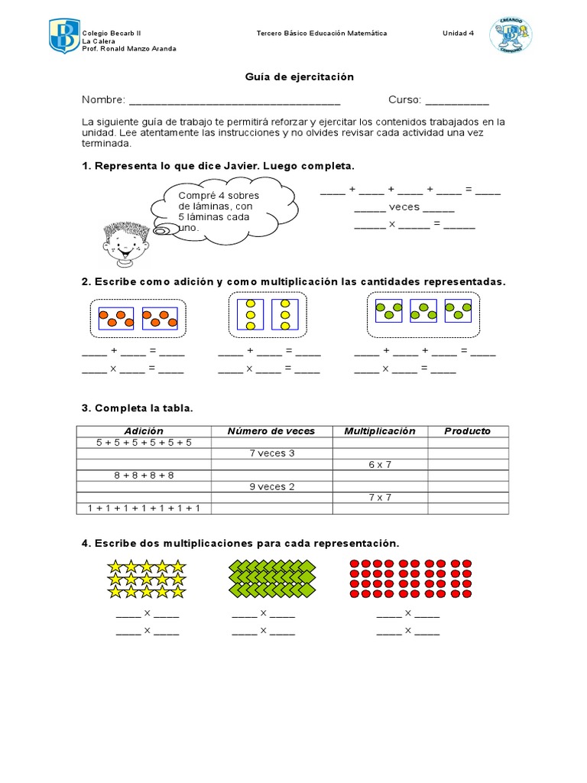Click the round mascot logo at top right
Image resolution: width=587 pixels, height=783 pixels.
click(x=511, y=35)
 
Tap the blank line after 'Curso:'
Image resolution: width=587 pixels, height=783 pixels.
click(x=456, y=100)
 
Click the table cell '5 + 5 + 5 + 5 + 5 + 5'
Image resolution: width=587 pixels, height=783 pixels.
click(x=144, y=442)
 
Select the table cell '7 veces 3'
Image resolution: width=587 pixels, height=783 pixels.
click(x=271, y=453)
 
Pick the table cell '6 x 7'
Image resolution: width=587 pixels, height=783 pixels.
click(x=379, y=464)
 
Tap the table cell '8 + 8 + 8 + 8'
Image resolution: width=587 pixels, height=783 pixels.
click(x=144, y=475)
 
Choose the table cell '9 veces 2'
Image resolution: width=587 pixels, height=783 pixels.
click(x=271, y=486)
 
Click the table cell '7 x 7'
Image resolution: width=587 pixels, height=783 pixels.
click(x=379, y=497)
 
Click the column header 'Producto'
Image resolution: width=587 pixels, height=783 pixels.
click(x=467, y=431)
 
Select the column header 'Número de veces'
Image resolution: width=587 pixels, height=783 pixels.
click(x=271, y=431)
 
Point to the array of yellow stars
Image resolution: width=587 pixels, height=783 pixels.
click(x=146, y=579)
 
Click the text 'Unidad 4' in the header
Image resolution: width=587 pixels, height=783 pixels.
click(x=459, y=34)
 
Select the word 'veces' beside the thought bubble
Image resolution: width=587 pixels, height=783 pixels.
click(x=404, y=208)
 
